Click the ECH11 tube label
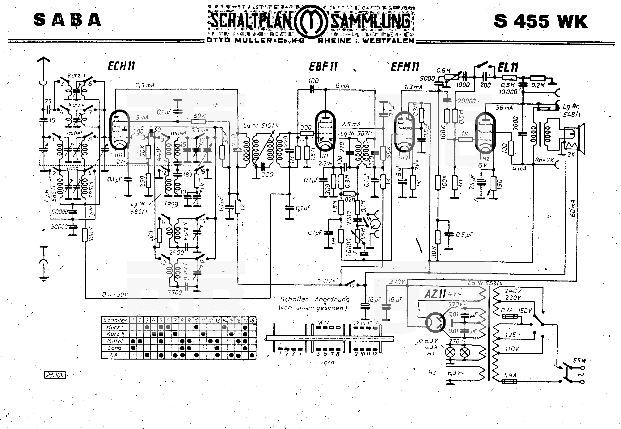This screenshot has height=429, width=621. (x=121, y=66)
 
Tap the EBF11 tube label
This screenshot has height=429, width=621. (x=323, y=66)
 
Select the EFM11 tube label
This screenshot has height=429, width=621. (x=405, y=67)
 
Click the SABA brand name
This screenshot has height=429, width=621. (x=67, y=20)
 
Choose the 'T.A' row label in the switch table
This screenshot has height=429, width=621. (x=114, y=355)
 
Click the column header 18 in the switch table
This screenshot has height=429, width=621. (x=252, y=320)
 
